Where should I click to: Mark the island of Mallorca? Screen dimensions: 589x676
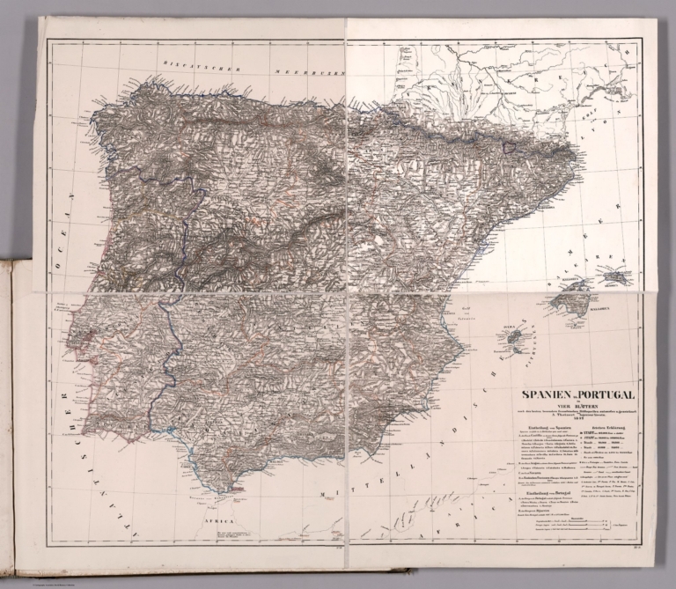pyautogui.click(x=573, y=300)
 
